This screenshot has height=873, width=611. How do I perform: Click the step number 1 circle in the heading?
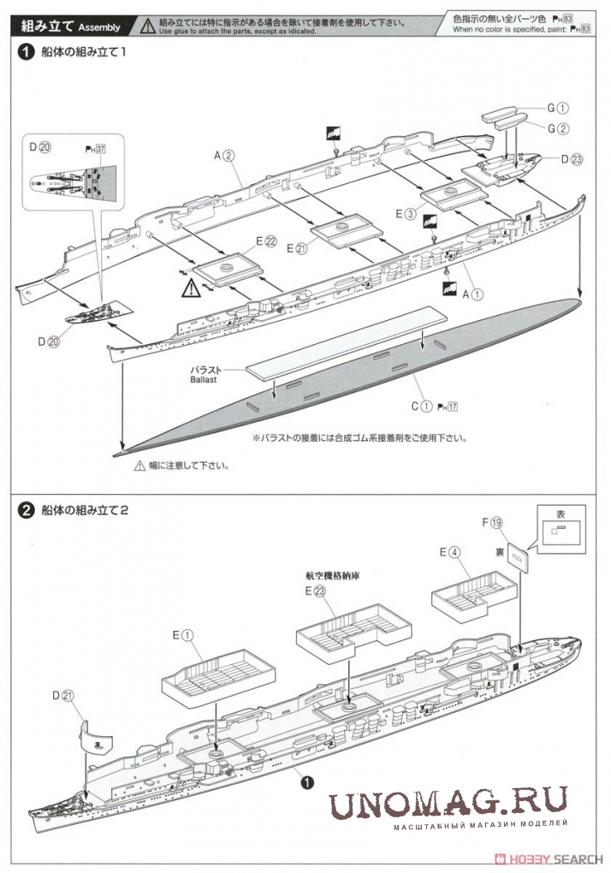click(27, 53)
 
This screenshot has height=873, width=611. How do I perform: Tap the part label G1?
click(558, 109)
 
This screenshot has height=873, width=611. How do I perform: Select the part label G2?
click(558, 128)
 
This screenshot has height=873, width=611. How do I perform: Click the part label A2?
click(224, 155)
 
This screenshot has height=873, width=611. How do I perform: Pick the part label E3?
click(406, 213)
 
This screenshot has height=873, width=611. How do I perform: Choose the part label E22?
click(264, 242)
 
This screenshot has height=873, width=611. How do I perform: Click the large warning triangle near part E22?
click(188, 289)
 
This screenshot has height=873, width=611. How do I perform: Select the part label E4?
click(450, 552)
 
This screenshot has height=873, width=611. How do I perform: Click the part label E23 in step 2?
click(315, 591)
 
